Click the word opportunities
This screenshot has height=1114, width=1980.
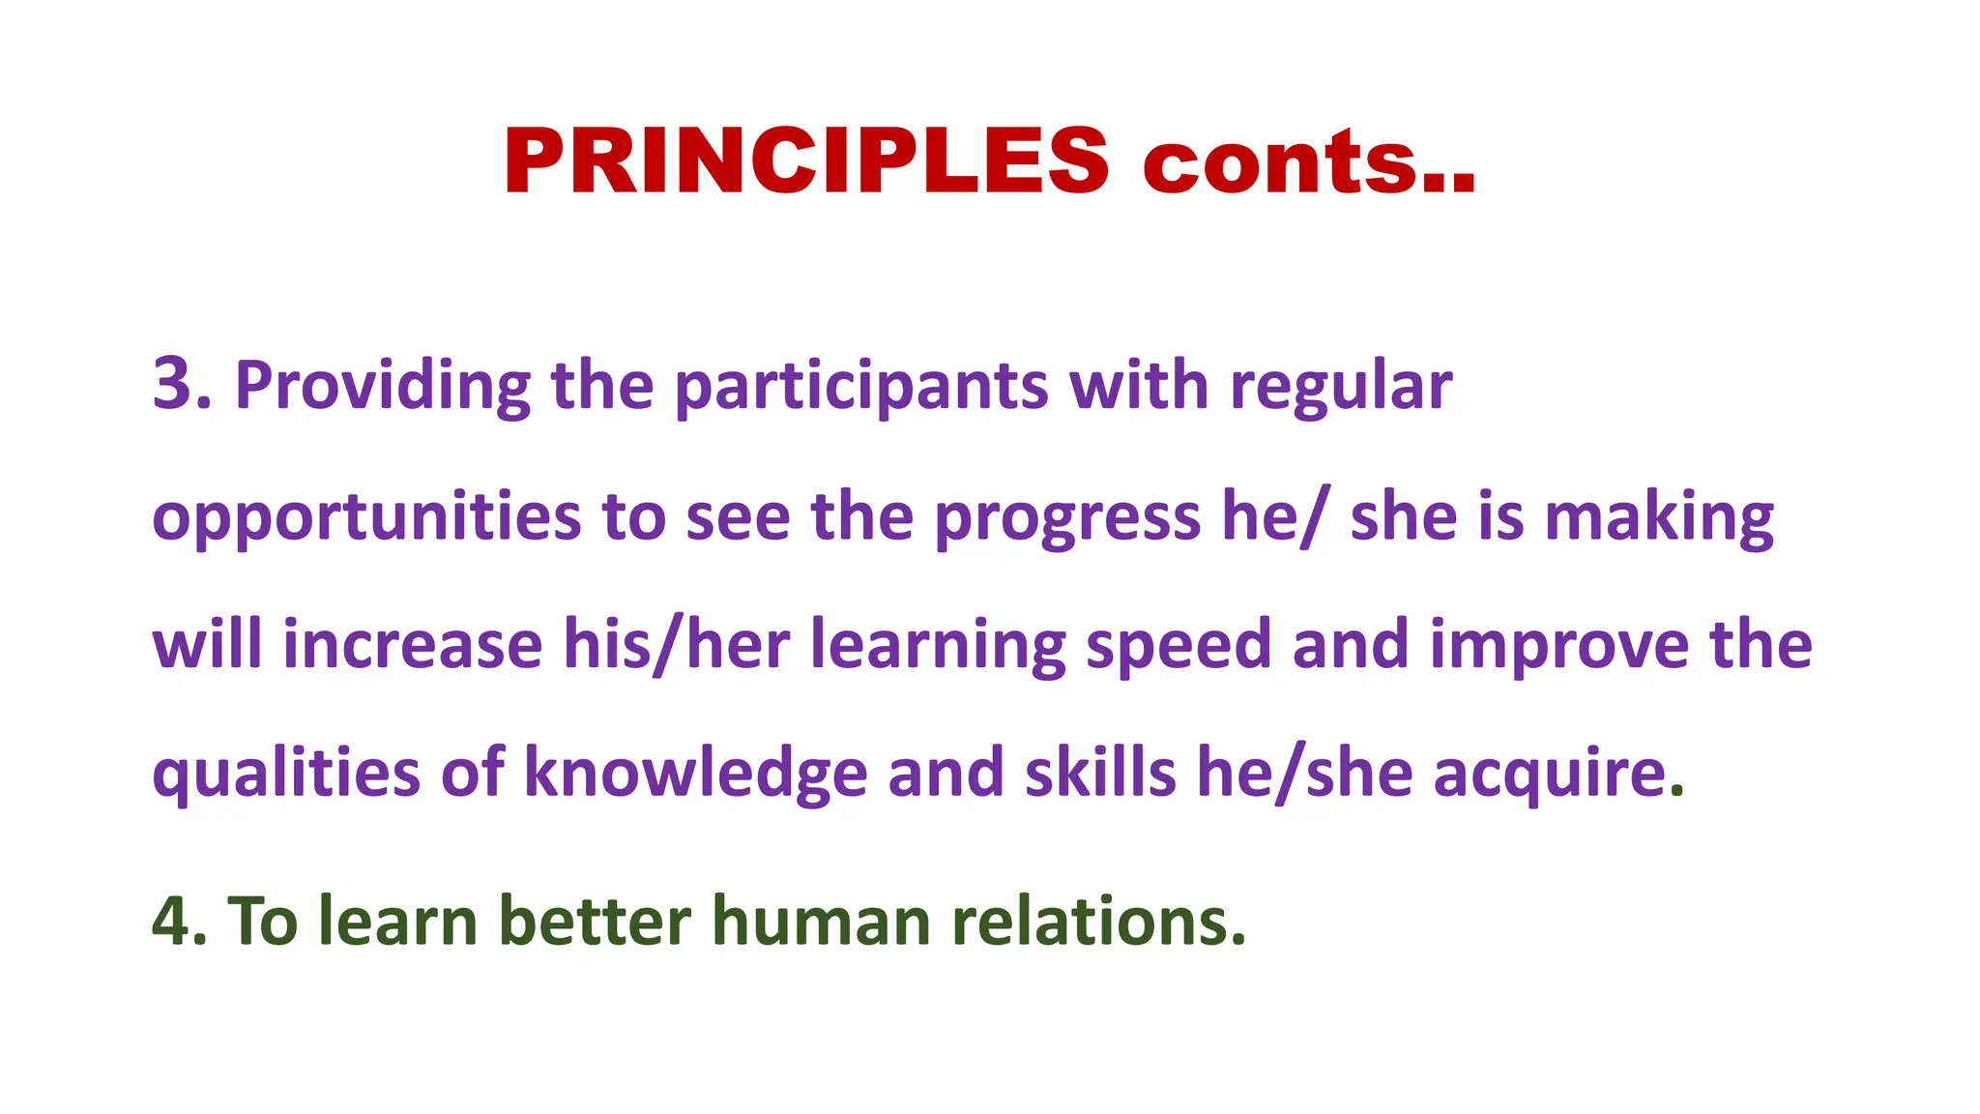tap(366, 517)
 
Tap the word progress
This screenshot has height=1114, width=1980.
tap(1067, 517)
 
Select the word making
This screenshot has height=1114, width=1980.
tap(1659, 517)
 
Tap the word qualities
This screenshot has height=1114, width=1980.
tap(286, 774)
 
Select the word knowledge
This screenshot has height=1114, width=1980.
tap(695, 774)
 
